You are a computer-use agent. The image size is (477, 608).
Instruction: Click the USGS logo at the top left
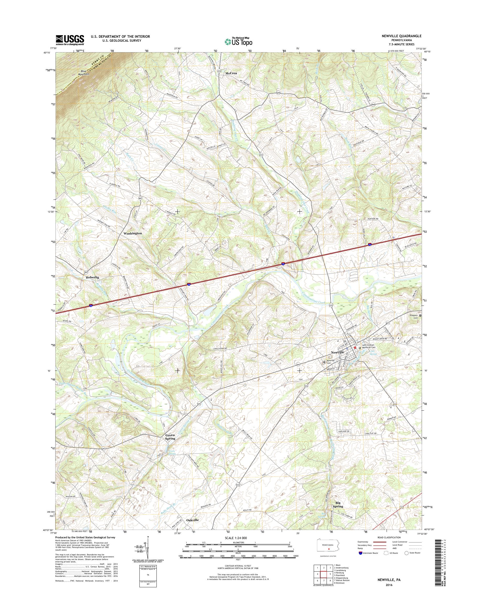[70, 40]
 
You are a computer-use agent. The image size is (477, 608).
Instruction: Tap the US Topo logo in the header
[238, 41]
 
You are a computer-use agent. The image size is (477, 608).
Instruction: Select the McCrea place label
[231, 73]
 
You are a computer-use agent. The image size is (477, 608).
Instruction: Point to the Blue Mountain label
[85, 73]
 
